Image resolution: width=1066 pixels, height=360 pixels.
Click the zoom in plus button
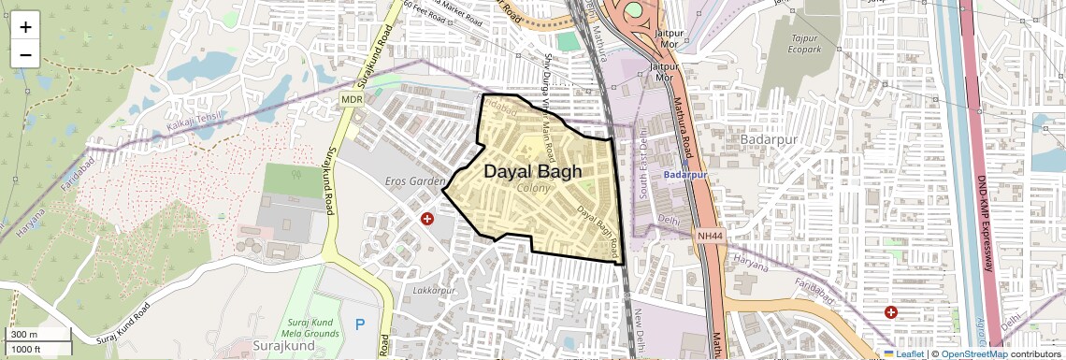pyautogui.click(x=25, y=26)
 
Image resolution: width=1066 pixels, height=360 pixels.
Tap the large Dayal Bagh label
pyautogui.click(x=533, y=172)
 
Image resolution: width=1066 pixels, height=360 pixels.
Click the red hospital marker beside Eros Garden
pyautogui.click(x=427, y=219)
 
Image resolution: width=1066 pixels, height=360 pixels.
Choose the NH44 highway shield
pyautogui.click(x=710, y=236)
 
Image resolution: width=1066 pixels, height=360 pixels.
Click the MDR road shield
pyautogui.click(x=352, y=98)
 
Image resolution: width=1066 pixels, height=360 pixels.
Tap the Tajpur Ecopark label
pyautogui.click(x=804, y=43)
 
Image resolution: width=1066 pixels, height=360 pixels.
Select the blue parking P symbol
pyautogui.click(x=360, y=324)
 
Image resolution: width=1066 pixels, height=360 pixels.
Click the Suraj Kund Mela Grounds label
pyautogui.click(x=308, y=326)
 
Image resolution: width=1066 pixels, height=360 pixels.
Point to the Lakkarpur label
pyautogui.click(x=433, y=291)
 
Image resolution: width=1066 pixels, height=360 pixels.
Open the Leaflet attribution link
pyautogui.click(x=904, y=353)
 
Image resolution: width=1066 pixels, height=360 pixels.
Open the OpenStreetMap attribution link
pyautogui.click(x=973, y=353)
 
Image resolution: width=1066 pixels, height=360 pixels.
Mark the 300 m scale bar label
pyautogui.click(x=24, y=335)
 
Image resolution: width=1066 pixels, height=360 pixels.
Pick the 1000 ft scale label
pyautogui.click(x=26, y=349)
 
